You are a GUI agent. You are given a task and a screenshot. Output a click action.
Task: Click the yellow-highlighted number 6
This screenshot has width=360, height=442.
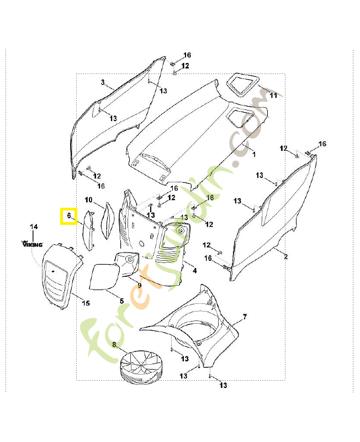coord(68,216)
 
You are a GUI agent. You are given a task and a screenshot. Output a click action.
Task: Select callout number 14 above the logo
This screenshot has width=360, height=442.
coord(34,227)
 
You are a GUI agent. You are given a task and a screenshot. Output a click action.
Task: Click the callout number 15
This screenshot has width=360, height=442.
coord(86,303)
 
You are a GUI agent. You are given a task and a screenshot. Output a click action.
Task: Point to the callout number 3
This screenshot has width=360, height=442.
coord(103,82)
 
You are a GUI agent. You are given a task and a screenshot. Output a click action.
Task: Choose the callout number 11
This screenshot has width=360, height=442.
coord(272,96)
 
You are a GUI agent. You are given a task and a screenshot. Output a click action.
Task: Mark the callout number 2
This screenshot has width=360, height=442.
coord(286,257)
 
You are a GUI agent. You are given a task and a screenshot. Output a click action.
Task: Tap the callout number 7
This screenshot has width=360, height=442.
coord(245,317)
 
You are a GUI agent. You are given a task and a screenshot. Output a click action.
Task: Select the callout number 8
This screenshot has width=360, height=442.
coord(114,345)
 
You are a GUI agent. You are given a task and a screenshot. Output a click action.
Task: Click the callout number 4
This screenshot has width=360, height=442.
coord(194,270)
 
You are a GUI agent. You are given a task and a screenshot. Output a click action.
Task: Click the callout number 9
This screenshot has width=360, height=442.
coord(140,285)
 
